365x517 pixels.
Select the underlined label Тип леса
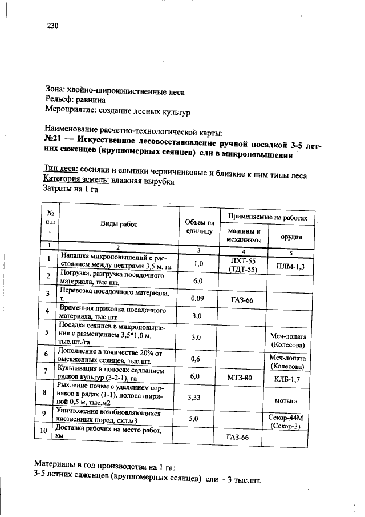(x=61, y=170)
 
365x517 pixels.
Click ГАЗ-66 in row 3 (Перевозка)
(x=242, y=300)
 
